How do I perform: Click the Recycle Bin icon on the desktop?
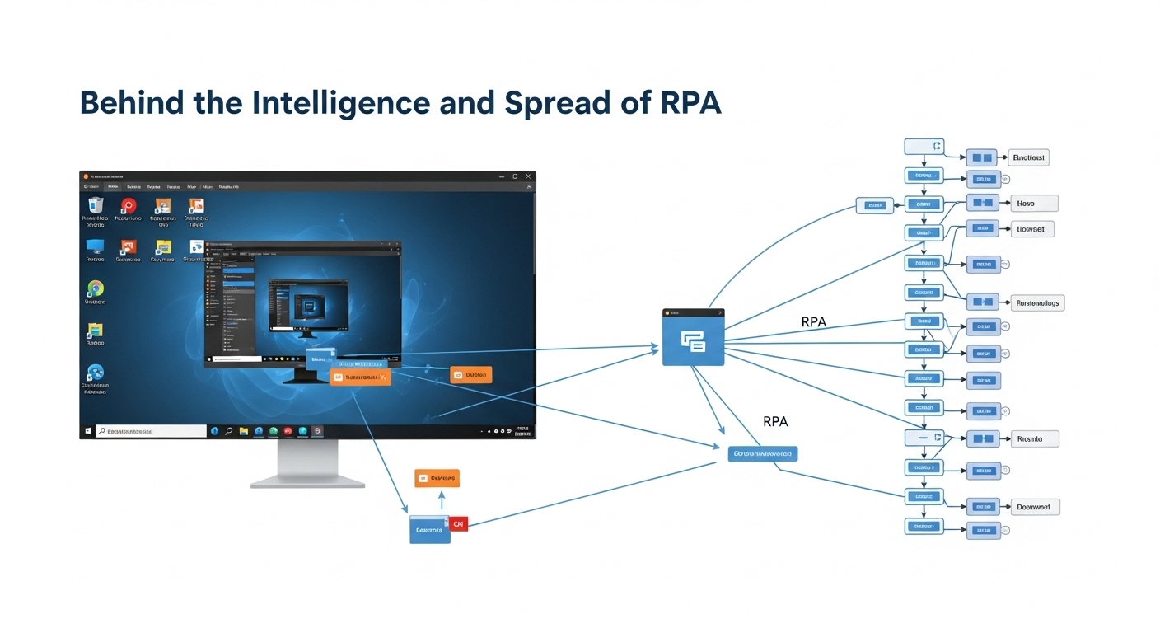pyautogui.click(x=96, y=206)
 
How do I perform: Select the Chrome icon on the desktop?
pyautogui.click(x=96, y=288)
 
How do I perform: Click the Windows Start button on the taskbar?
pyautogui.click(x=87, y=431)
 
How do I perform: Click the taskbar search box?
pyautogui.click(x=152, y=431)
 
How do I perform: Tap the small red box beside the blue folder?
pyautogui.click(x=458, y=523)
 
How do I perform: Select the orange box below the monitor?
pyautogui.click(x=437, y=478)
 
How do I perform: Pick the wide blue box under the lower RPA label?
pyautogui.click(x=763, y=453)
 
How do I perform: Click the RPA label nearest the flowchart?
pyautogui.click(x=813, y=322)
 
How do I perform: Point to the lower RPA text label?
pyautogui.click(x=775, y=421)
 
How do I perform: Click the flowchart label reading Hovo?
pyautogui.click(x=1033, y=203)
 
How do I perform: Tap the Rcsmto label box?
pyautogui.click(x=1034, y=439)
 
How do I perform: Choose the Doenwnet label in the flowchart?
pyautogui.click(x=1035, y=508)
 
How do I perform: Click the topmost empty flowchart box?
pyautogui.click(x=923, y=147)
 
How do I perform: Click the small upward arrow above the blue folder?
pyautogui.click(x=441, y=500)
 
